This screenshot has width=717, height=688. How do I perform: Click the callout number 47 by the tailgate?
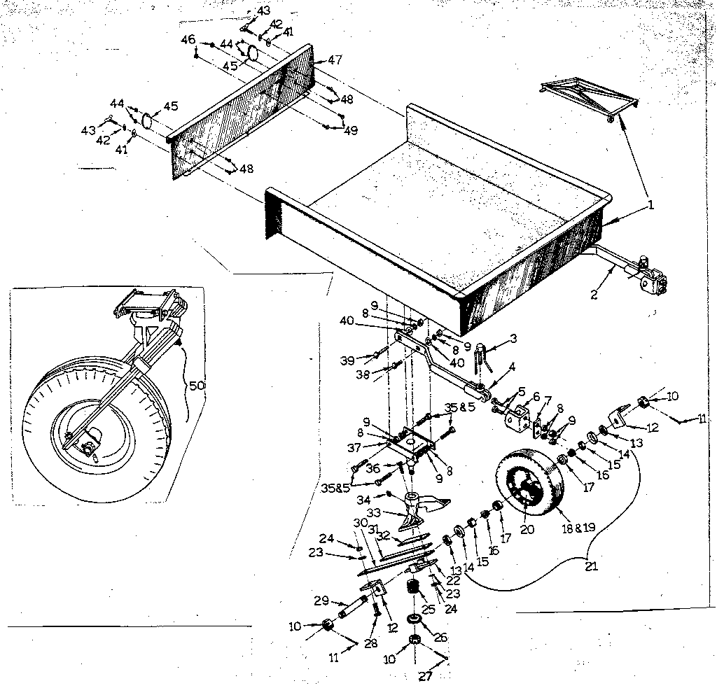(334, 60)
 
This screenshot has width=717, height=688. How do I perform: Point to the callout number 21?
(592, 566)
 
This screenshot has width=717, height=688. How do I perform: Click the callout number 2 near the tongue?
(594, 294)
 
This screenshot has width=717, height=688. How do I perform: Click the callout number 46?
(188, 40)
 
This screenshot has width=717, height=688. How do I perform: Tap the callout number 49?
(351, 129)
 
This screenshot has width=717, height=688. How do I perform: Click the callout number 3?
(513, 339)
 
